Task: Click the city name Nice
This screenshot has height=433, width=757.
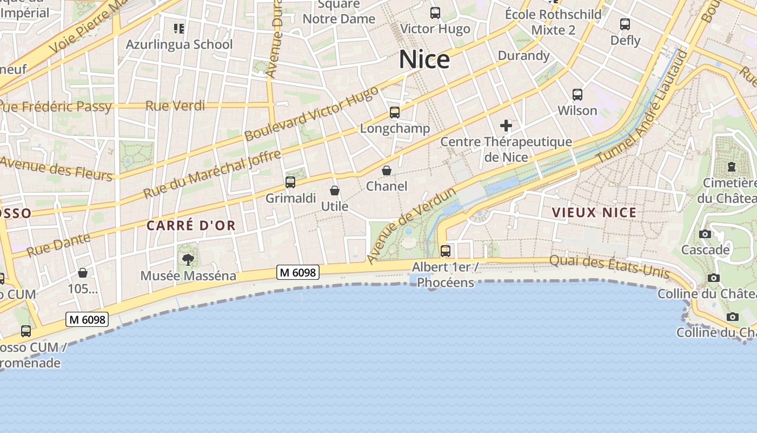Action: click(424, 60)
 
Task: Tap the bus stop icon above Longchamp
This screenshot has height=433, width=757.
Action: click(395, 113)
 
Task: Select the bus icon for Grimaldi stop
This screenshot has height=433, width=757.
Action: click(290, 182)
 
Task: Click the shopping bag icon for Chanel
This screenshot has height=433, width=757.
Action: click(387, 170)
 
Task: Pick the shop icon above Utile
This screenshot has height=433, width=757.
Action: click(335, 191)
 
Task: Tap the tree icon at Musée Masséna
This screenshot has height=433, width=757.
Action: click(188, 260)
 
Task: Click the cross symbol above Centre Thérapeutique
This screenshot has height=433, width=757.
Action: click(506, 126)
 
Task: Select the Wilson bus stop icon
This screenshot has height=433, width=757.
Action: click(577, 95)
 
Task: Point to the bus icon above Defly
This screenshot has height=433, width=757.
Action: click(625, 24)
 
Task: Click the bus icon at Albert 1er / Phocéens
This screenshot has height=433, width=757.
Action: click(446, 251)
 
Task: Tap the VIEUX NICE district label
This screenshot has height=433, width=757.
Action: click(594, 213)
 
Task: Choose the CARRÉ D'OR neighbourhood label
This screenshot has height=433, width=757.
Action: click(191, 226)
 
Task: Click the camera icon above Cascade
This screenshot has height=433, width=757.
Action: click(705, 234)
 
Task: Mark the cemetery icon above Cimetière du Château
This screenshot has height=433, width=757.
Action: click(732, 166)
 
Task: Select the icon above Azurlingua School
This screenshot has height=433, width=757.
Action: click(179, 28)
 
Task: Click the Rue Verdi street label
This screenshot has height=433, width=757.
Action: click(175, 106)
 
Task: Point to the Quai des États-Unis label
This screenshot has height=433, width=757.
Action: click(609, 266)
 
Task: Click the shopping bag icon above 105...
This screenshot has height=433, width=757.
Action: click(83, 273)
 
